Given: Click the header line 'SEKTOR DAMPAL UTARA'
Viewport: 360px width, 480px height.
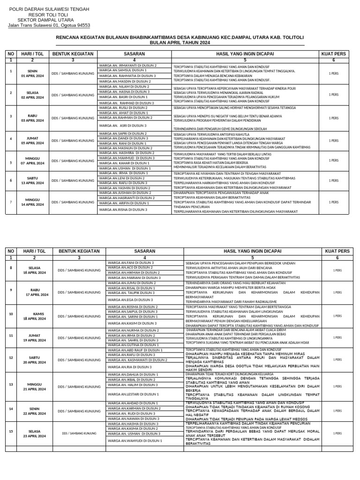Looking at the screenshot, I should tap(49, 20).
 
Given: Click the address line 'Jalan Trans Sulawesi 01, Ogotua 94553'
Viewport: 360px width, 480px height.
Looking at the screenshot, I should tap(49, 25).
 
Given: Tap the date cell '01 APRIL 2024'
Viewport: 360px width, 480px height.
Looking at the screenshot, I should tap(32, 75).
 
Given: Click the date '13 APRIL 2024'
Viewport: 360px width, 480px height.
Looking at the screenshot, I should tap(32, 183).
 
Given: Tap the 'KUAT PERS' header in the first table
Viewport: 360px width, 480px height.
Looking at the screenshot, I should tap(333, 54).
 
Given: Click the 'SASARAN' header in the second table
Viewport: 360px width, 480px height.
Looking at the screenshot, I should tap(145, 251).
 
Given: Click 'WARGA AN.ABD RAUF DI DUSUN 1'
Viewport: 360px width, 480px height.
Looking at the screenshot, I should tap(135, 350).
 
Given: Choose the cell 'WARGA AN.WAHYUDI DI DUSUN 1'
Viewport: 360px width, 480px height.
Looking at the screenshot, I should tap(135, 441).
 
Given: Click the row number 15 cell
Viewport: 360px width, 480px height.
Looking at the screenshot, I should tap(11, 431).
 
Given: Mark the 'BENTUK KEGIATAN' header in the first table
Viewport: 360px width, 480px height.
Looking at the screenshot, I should tap(73, 54).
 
